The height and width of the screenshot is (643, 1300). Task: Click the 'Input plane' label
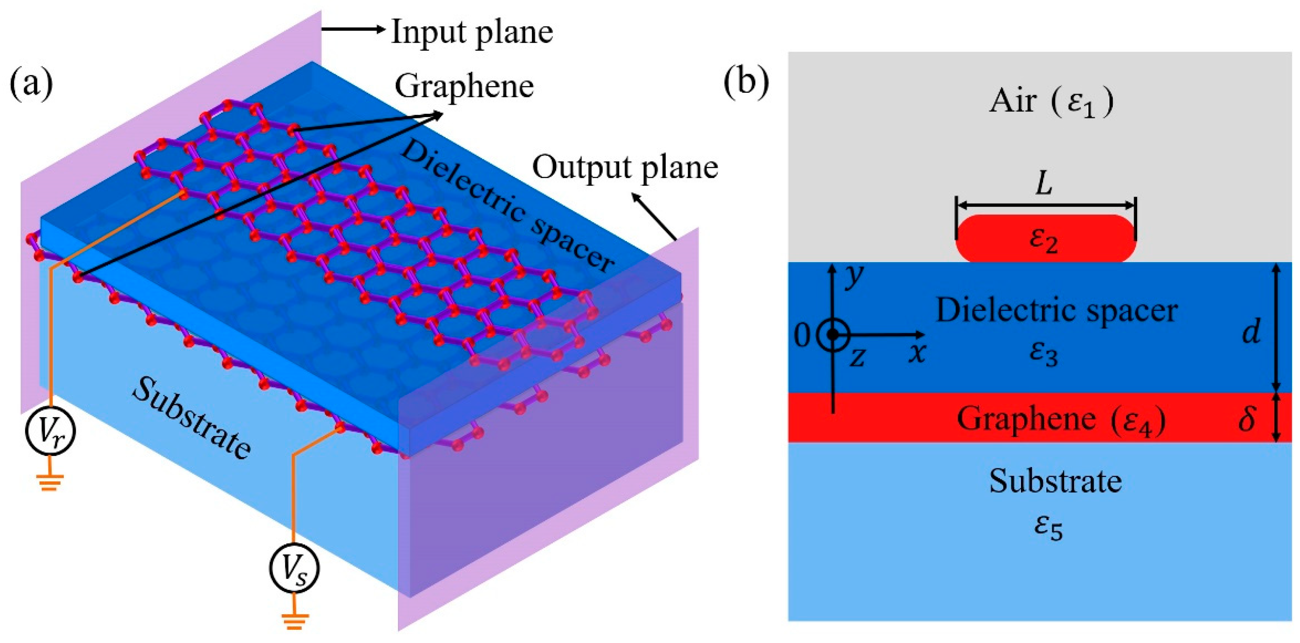click(x=472, y=32)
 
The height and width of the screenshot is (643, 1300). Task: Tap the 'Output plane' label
click(x=625, y=167)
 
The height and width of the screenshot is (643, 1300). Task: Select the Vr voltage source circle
click(x=50, y=431)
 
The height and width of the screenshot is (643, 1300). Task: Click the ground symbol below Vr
click(x=49, y=481)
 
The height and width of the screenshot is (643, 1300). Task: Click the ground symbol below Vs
click(x=295, y=620)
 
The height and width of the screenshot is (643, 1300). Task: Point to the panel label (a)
click(x=31, y=85)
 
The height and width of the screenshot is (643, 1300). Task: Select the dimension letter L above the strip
click(x=1044, y=184)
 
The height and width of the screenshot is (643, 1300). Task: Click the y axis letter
click(x=853, y=276)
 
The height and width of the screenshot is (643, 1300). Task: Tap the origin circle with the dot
click(x=833, y=335)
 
